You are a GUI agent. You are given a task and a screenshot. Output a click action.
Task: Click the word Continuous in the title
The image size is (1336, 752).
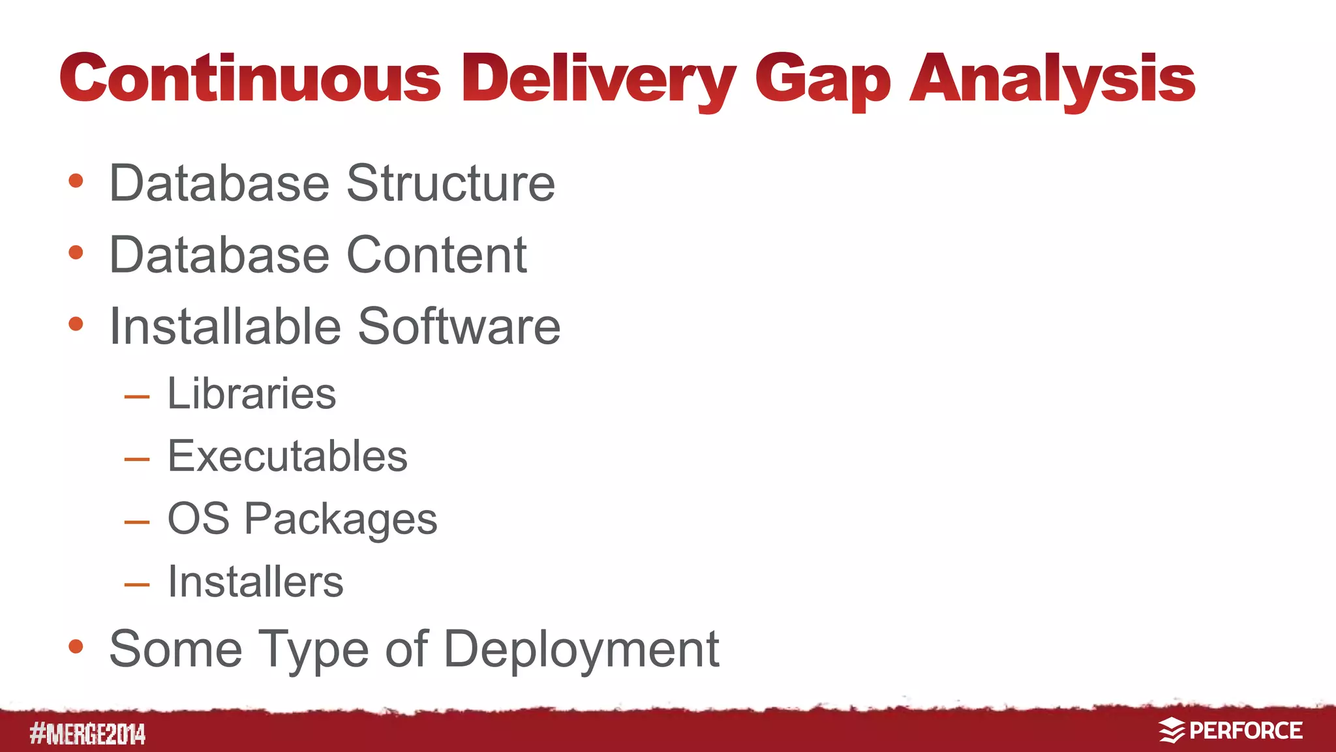[x=250, y=78]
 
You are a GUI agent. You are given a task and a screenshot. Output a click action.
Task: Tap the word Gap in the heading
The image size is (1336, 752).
[x=823, y=82]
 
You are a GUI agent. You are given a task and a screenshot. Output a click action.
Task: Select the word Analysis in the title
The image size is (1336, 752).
[x=1052, y=80]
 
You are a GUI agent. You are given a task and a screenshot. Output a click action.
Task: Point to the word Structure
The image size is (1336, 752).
[x=451, y=184]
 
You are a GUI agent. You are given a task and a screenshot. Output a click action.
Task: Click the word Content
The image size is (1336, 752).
[x=436, y=255]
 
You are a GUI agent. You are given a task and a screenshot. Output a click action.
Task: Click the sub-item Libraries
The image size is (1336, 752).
[x=252, y=394]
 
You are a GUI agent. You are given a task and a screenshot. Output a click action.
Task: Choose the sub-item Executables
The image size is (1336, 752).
[x=288, y=456]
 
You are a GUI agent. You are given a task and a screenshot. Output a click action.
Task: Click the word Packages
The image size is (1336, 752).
[x=341, y=520]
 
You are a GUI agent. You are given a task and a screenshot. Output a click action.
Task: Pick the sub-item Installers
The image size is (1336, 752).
[x=255, y=582]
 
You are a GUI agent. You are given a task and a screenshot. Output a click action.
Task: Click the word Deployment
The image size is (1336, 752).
[x=582, y=650]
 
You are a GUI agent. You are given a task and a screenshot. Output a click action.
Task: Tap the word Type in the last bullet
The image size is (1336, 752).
[x=314, y=650]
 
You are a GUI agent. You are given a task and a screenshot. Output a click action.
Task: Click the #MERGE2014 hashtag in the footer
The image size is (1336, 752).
[x=87, y=734]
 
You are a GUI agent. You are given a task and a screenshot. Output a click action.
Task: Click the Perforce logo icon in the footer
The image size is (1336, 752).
[x=1172, y=730]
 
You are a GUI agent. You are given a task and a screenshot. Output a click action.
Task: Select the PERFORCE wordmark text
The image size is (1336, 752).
[x=1246, y=730]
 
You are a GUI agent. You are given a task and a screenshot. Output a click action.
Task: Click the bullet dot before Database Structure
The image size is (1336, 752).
[x=76, y=181]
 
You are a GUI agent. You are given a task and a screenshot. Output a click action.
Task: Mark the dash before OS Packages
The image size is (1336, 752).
[x=137, y=522]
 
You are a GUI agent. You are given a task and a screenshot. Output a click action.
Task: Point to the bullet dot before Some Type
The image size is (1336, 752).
[x=76, y=646]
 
